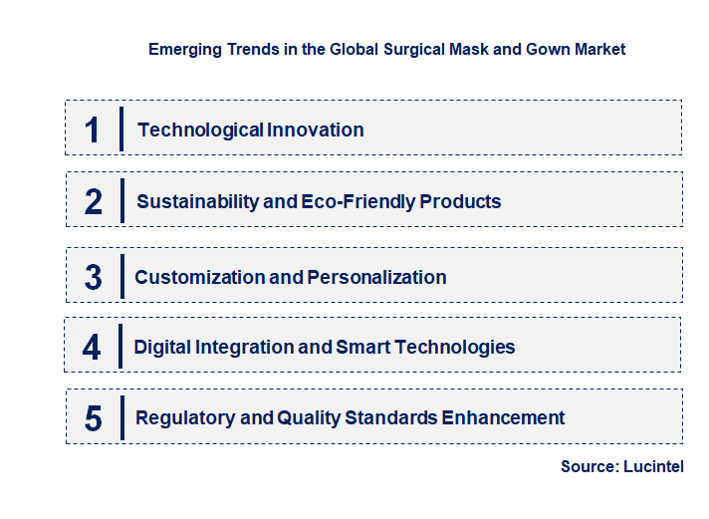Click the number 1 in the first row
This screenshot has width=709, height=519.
pos(93,130)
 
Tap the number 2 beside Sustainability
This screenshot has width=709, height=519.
pos(94,202)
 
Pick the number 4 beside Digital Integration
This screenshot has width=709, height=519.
pos(93,348)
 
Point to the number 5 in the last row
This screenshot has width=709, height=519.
pos(93,418)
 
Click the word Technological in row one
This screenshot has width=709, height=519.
pos(187,130)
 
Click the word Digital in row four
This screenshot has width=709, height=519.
pos(163,348)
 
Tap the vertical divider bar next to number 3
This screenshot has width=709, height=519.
pos(121,276)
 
